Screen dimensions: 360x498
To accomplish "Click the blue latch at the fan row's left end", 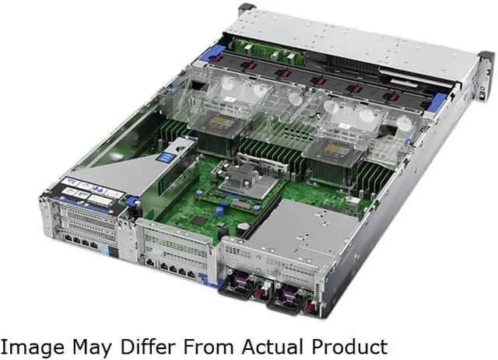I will point(210,54).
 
